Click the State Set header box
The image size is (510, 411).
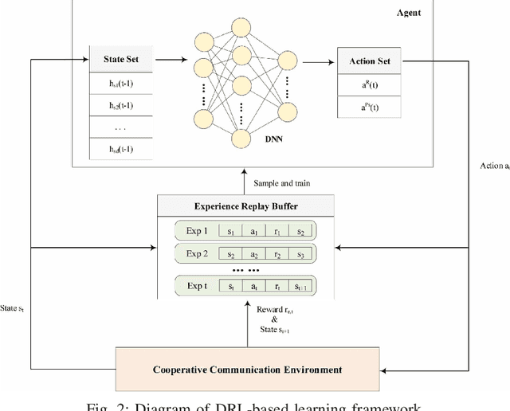(x=121, y=60)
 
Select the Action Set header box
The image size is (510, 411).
(x=373, y=61)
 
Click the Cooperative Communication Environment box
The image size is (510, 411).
(x=249, y=370)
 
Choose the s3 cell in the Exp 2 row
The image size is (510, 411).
(x=301, y=256)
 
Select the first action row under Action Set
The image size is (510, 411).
(x=373, y=84)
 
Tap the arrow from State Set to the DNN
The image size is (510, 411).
(x=170, y=60)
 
